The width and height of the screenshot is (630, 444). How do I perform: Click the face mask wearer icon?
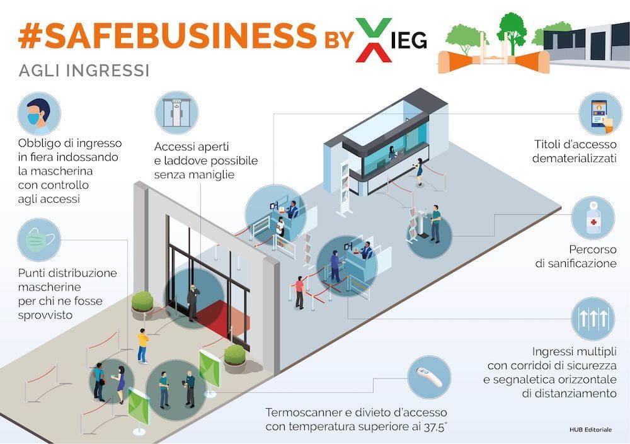click(39, 114)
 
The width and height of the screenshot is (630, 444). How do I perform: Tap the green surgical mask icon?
click(39, 240)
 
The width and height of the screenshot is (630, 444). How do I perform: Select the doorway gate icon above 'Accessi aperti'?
click(176, 113)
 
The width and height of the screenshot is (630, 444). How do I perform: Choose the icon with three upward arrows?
click(592, 319)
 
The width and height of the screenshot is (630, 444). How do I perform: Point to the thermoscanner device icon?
click(429, 377)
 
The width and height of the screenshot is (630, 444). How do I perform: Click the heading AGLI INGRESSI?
click(84, 70)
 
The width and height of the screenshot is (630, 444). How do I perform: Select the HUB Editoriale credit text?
click(590, 429)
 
